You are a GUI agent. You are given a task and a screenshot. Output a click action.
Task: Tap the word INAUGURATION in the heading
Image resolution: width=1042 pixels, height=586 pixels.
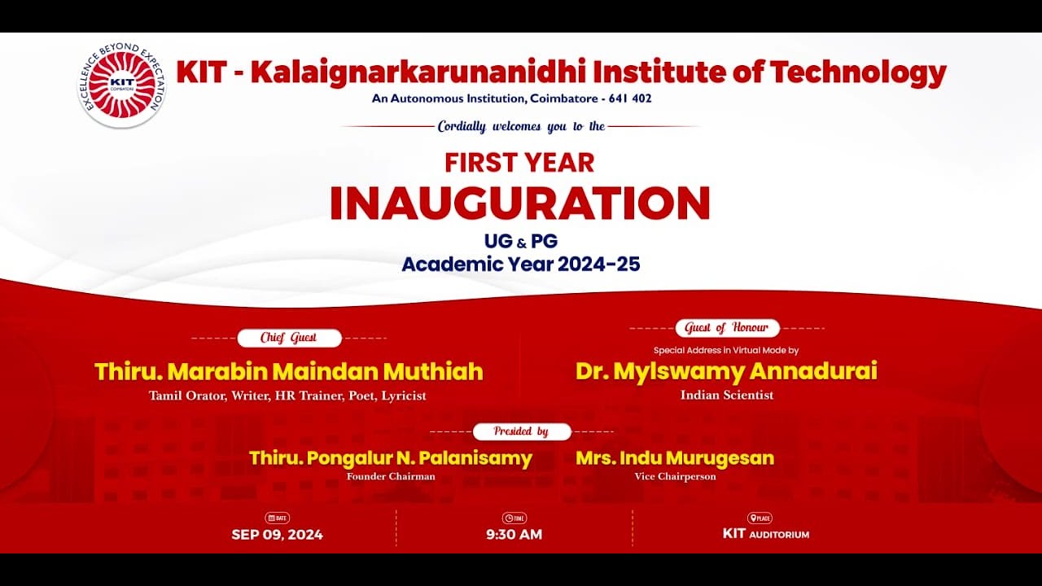click(x=519, y=203)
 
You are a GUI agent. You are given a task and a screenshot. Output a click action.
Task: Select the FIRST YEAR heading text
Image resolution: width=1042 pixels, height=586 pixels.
click(x=519, y=163)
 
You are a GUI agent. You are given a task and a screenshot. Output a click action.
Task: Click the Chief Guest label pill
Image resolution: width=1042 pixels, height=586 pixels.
click(x=289, y=338)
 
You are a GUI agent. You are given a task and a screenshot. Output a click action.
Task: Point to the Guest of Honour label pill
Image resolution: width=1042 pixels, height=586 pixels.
click(x=727, y=328)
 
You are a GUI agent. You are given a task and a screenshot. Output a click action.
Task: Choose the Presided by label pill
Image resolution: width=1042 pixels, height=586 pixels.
click(x=522, y=431)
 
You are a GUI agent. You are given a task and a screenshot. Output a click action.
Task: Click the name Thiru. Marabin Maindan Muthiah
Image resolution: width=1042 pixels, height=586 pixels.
click(x=289, y=372)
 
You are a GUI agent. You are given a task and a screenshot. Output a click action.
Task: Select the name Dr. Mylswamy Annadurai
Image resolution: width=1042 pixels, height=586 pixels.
click(x=726, y=371)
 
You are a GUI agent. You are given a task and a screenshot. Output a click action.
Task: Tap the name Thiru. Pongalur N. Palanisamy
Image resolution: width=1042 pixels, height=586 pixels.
click(x=391, y=458)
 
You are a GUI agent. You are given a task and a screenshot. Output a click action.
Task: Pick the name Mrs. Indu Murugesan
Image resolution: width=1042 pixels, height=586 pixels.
click(x=675, y=458)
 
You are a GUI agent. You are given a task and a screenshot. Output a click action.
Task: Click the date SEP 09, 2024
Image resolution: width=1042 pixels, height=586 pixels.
click(x=277, y=535)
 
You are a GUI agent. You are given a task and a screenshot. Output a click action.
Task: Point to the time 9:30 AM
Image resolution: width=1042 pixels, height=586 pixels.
click(x=514, y=535)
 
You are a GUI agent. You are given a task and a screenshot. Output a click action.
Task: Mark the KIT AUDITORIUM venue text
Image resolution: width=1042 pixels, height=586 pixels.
click(x=766, y=534)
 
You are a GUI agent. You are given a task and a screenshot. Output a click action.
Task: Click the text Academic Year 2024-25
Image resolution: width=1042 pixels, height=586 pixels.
click(x=521, y=265)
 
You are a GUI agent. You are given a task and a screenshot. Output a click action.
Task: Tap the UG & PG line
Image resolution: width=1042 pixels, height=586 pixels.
click(x=521, y=241)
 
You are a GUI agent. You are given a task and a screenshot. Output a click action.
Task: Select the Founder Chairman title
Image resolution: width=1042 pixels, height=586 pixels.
click(x=391, y=477)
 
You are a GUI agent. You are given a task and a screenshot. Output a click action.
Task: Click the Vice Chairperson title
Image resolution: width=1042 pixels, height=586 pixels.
click(x=675, y=477)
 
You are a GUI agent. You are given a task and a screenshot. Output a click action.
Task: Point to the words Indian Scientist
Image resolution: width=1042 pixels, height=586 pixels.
click(x=727, y=396)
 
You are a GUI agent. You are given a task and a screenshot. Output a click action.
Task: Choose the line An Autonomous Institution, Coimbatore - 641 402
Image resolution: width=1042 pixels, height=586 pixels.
click(x=512, y=98)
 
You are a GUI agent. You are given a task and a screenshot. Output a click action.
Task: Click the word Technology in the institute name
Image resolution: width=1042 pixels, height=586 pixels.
click(x=858, y=72)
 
